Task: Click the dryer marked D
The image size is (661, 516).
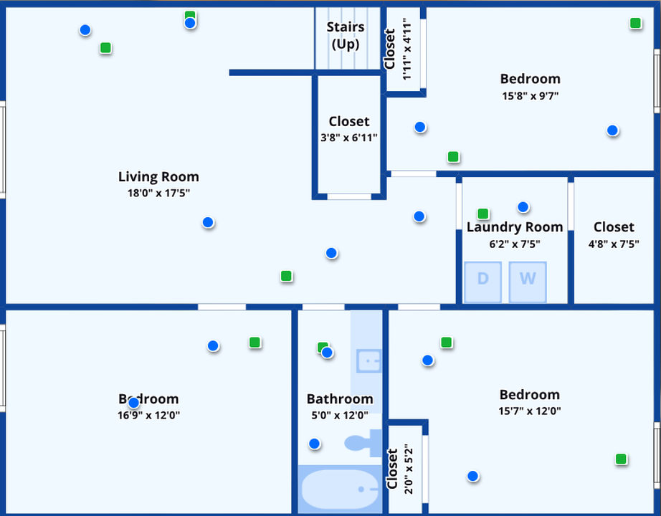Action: coord(482,282)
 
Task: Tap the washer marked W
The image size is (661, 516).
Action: coord(528,282)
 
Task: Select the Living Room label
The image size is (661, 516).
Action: coord(158,177)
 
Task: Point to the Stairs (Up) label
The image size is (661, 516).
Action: coord(346,35)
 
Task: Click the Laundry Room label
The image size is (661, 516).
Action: coord(515,227)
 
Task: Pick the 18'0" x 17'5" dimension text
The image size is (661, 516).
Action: coord(158,193)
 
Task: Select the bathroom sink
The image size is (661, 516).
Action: coord(369,360)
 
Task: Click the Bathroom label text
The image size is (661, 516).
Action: coord(340,399)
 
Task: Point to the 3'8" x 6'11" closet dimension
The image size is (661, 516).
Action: coord(349,138)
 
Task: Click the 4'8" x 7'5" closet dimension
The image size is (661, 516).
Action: coord(614,244)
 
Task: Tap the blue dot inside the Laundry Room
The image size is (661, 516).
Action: coord(523,207)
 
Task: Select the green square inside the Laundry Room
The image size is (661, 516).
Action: coord(483,214)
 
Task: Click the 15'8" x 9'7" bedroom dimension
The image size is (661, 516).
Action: coord(530,95)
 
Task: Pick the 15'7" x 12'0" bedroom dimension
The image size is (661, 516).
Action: coord(529,411)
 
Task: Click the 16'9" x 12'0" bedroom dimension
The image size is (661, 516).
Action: coord(149,415)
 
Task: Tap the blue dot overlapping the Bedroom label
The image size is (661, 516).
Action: coord(133,403)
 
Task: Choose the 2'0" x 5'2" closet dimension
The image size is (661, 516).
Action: coord(407,469)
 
